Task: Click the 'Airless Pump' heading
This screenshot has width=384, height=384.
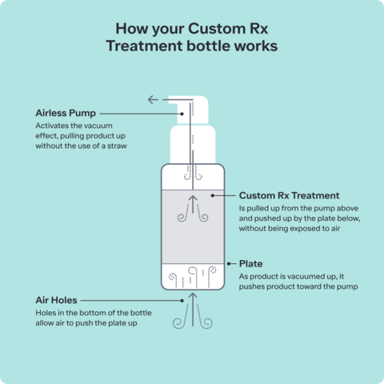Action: pos(66,114)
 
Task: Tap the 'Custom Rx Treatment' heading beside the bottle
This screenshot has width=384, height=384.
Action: pos(289,195)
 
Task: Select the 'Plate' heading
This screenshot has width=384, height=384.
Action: pos(251,264)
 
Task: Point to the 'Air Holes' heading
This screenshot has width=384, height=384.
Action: pos(56,300)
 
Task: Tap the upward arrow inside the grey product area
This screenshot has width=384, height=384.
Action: pos(193,204)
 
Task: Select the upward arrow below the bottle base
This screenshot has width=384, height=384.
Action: pos(193,310)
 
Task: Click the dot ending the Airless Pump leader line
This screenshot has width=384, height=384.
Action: pos(182,114)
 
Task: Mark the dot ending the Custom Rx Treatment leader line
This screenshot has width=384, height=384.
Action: pos(213,195)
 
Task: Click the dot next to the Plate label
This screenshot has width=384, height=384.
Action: pos(229,264)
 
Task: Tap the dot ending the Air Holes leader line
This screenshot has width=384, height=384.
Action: pos(182,301)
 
